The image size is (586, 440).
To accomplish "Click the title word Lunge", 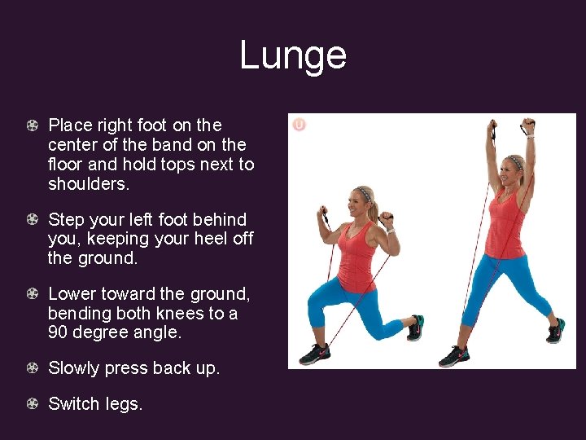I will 293,56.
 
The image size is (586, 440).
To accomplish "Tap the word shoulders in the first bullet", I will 87,184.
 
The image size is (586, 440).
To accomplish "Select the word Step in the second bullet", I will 66,220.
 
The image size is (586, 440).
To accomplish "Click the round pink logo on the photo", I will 299,125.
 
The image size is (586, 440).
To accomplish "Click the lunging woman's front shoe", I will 315,354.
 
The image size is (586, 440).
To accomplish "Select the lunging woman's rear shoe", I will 415,328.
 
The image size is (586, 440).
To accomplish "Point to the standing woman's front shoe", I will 454,356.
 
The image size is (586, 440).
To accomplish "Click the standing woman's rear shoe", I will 555,331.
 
